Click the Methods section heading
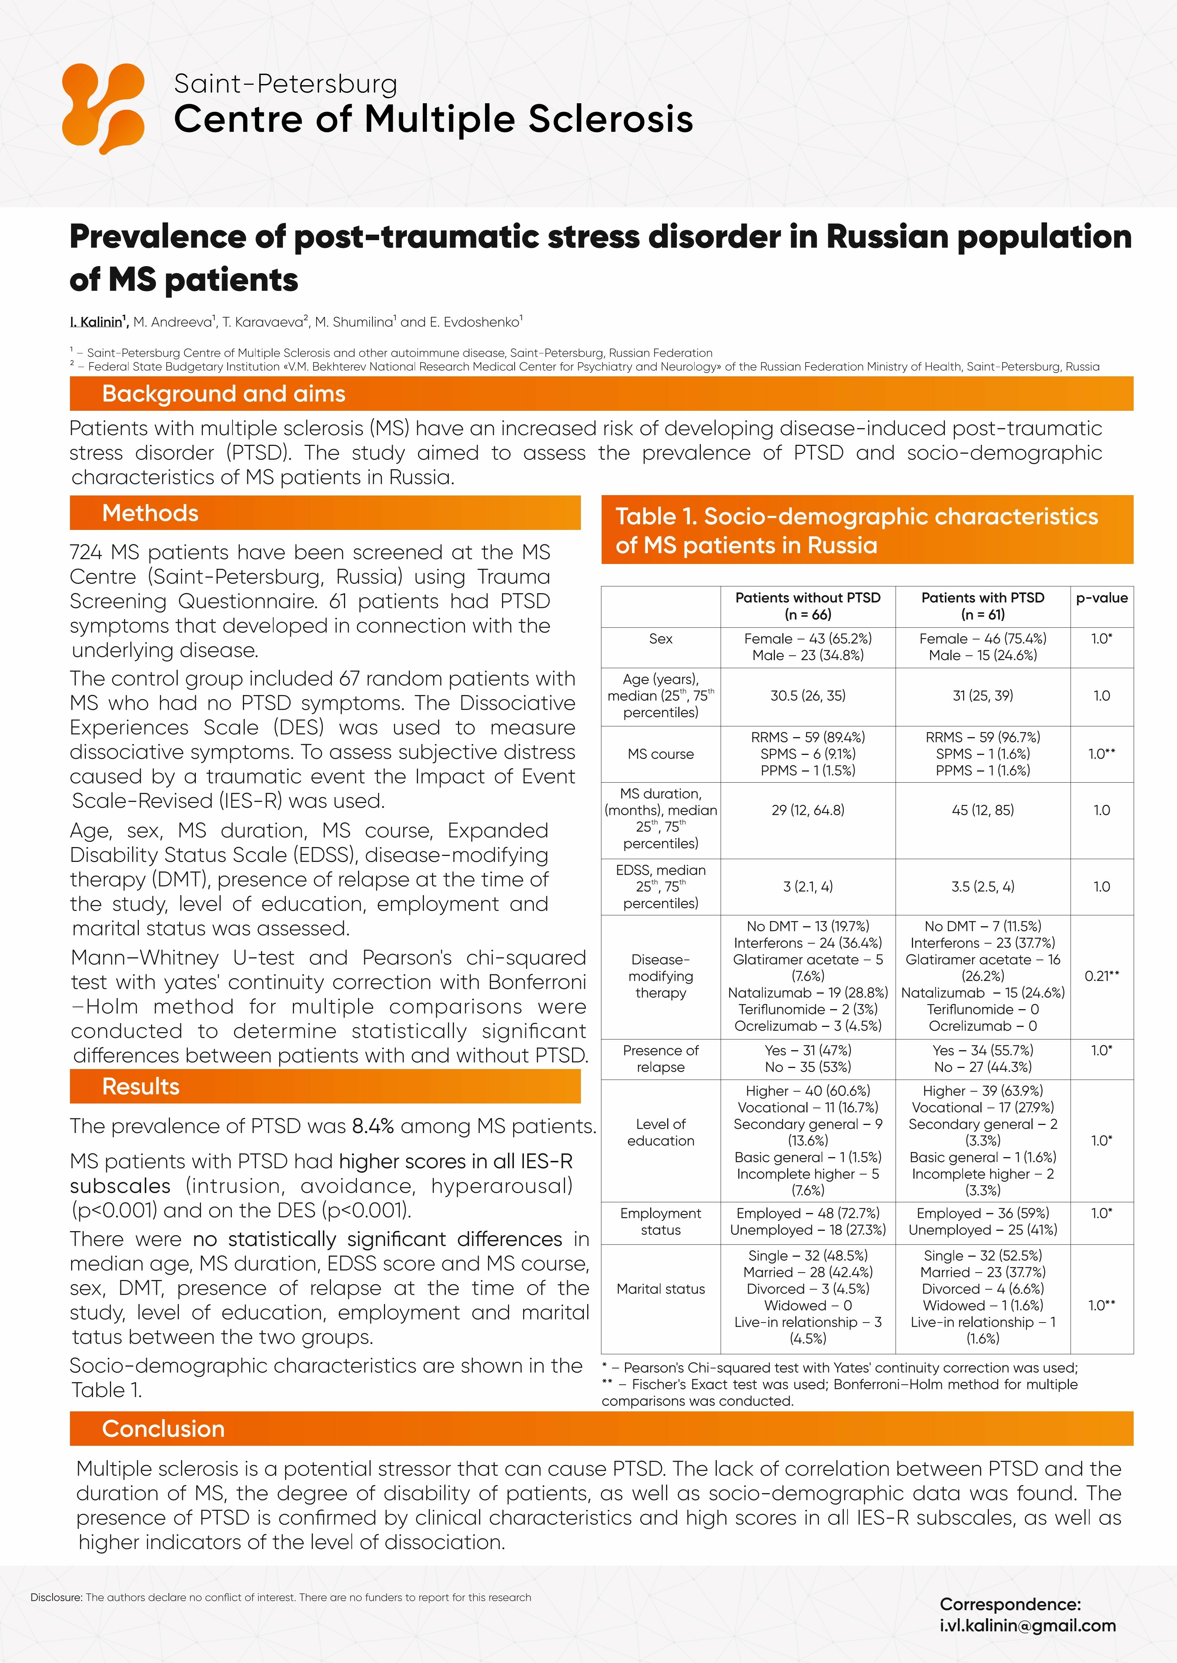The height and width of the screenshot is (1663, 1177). click(150, 513)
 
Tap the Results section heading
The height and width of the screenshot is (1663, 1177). click(141, 1086)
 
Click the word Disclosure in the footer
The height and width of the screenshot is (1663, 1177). click(57, 1597)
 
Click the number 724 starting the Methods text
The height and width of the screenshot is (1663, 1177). click(86, 552)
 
